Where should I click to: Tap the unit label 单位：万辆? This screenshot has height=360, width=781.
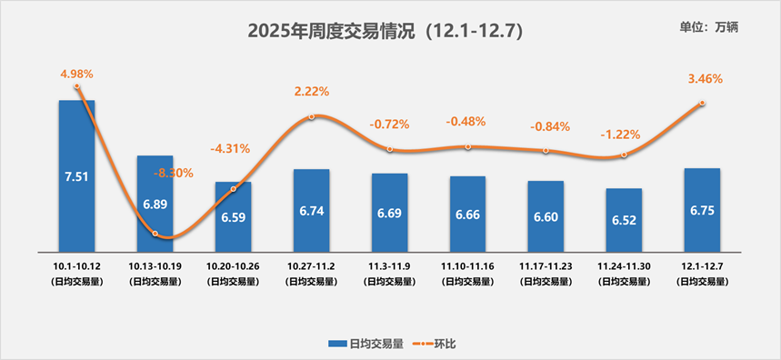[x=709, y=27]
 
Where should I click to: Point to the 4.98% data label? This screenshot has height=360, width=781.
[x=77, y=73]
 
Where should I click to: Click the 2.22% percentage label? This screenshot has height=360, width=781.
[x=311, y=91]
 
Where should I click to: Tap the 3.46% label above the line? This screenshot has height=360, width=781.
[x=705, y=79]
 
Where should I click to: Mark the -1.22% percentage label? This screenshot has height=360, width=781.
[x=620, y=135]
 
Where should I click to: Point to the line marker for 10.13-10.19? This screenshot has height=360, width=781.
[x=155, y=234]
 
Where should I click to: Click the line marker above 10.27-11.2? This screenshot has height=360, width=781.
[x=311, y=116]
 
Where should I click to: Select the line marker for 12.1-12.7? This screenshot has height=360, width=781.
[x=702, y=103]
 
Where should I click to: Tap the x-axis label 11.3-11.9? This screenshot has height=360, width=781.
[x=389, y=265]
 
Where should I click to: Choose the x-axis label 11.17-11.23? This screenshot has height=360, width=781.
[x=546, y=265]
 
